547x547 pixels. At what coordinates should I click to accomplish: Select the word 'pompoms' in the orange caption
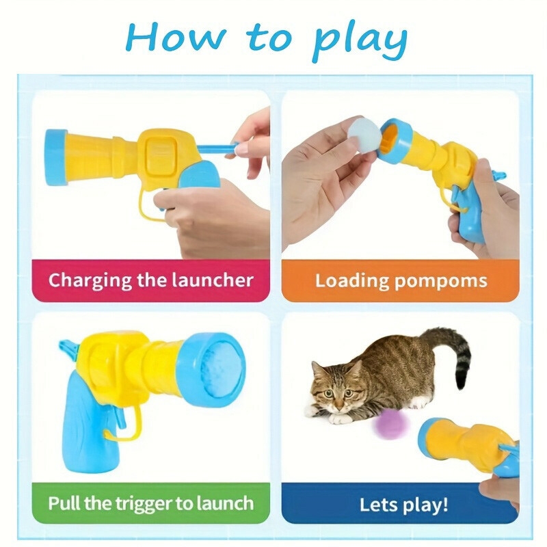pyautogui.click(x=441, y=282)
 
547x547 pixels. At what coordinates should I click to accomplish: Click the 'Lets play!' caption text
pyautogui.click(x=403, y=505)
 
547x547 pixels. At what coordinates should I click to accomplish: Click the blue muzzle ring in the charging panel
pyautogui.click(x=56, y=157)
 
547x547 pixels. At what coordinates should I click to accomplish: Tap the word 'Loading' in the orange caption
pyautogui.click(x=352, y=281)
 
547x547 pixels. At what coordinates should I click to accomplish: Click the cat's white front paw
pyautogui.click(x=340, y=418)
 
